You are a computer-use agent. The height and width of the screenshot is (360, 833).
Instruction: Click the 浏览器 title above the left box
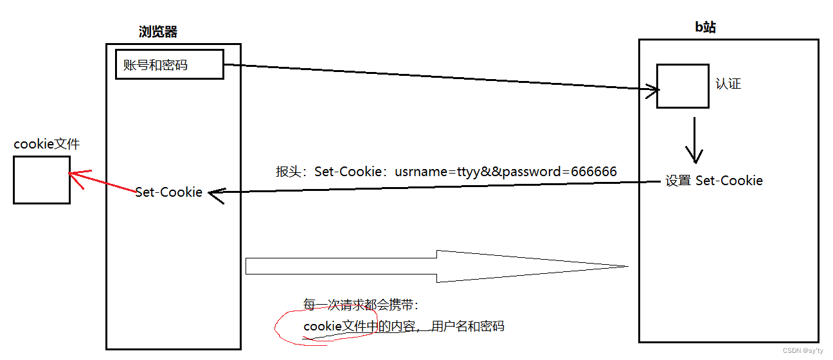158,32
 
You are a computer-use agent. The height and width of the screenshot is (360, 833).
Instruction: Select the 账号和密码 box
170,64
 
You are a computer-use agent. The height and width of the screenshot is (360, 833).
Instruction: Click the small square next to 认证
682,85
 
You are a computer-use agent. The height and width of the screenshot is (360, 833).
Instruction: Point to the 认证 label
728,84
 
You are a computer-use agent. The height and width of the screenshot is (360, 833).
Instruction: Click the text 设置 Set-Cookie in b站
714,181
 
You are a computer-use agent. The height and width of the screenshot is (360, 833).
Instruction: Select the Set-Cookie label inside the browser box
169,192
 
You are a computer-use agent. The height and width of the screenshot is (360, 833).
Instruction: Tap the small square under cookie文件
42,179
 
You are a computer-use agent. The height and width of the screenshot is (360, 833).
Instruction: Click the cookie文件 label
47,143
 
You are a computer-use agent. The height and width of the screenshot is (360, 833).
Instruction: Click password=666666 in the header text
563,172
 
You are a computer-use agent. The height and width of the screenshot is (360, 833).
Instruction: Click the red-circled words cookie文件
334,327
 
